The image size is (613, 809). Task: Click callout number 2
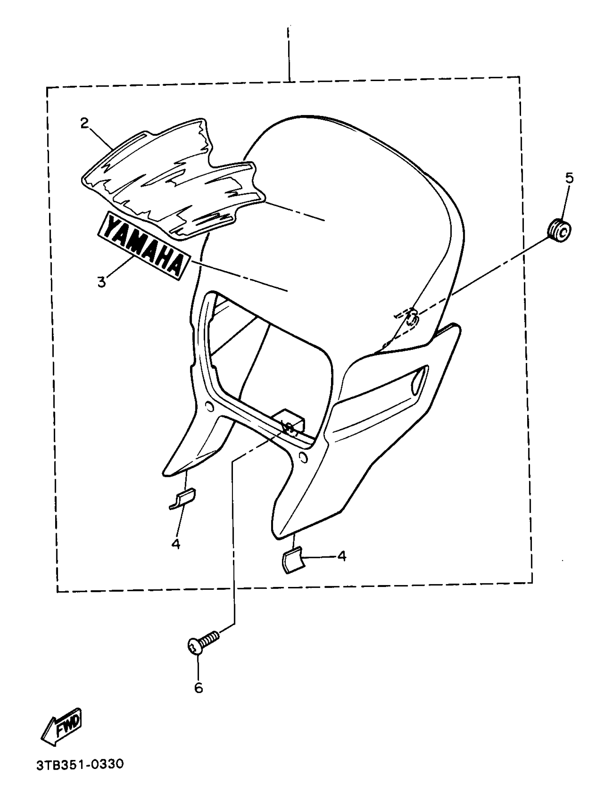click(x=84, y=124)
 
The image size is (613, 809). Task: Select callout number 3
click(x=101, y=282)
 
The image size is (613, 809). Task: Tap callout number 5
click(x=569, y=178)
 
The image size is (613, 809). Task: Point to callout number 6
click(x=198, y=688)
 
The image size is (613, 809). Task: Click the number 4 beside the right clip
click(x=341, y=556)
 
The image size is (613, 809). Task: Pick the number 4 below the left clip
click(x=176, y=544)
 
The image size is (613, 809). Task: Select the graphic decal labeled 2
click(x=172, y=179)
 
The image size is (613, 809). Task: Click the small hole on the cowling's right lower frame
click(x=303, y=457)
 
